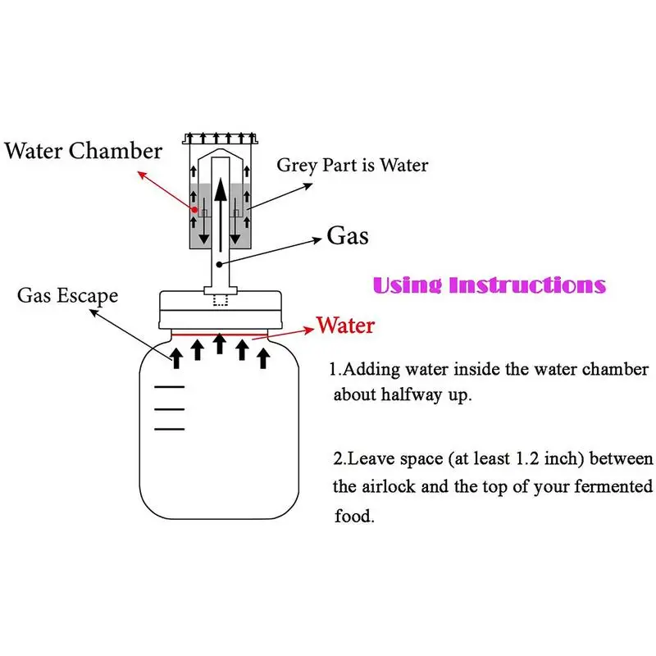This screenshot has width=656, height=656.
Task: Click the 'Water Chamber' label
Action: coord(84,150)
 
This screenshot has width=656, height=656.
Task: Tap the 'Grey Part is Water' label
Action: coord(352,165)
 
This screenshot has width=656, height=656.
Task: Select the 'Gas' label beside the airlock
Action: coord(348,236)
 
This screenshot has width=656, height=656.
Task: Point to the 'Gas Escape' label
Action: coord(67,295)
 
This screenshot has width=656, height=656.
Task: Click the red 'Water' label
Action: coord(345,326)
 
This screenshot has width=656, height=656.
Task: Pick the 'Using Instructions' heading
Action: coord(489,285)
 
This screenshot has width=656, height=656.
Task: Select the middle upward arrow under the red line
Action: coord(220,343)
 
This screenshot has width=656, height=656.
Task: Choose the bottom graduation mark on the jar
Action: coord(170,428)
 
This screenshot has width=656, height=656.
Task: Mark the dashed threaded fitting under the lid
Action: coord(219,298)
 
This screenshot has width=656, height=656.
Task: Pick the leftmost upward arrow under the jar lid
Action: coord(176,358)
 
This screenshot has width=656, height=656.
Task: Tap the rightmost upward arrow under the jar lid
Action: coord(264,358)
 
